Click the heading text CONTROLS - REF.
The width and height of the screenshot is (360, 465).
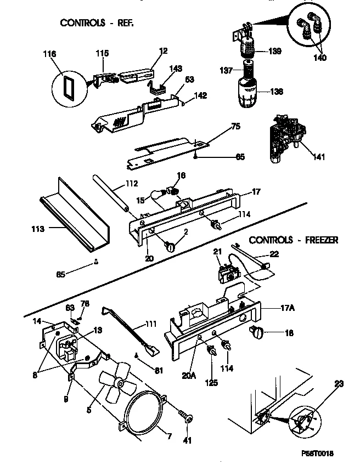[x=97, y=23]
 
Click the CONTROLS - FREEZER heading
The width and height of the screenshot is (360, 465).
[x=294, y=240]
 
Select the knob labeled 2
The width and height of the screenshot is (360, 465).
[x=170, y=246]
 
